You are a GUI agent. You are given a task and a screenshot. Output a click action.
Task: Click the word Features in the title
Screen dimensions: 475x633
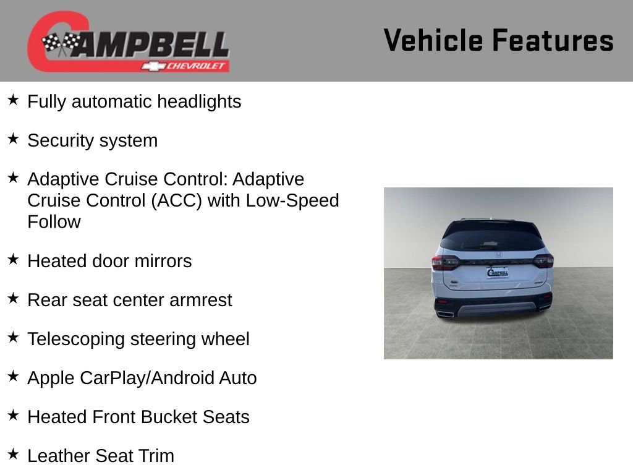[553, 41]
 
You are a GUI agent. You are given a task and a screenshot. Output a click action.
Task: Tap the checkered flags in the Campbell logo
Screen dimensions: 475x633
[61, 43]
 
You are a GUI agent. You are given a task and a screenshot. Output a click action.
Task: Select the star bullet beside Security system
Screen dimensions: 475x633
[13, 139]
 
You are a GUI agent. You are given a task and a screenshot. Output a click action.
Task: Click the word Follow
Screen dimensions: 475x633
[54, 222]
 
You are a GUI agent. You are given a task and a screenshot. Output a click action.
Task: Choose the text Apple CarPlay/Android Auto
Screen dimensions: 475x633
[142, 378]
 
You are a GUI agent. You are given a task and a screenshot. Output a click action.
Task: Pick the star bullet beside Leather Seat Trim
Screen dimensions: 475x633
[13, 455]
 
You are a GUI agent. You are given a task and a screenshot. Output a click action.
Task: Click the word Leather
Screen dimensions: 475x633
[59, 456]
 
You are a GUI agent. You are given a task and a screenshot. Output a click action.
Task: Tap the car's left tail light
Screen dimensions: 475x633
[446, 262]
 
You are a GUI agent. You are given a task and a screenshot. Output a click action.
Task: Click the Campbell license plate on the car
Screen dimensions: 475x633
[498, 273]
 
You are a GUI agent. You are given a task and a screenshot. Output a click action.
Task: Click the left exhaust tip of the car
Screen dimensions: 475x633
[446, 314]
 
